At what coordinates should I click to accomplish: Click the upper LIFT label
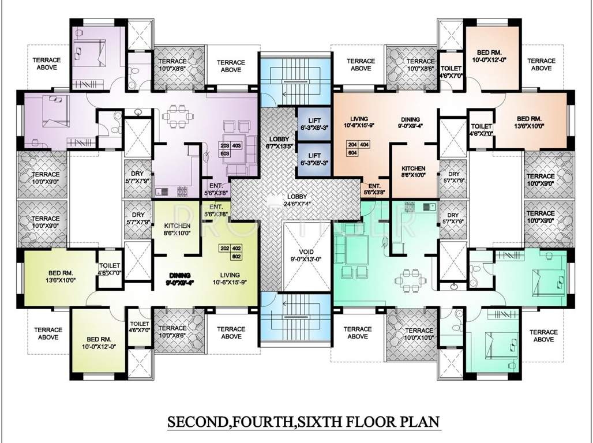click(314, 123)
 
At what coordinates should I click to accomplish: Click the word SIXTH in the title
click(328, 421)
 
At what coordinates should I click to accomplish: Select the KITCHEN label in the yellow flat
click(178, 229)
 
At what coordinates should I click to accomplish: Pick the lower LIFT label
click(314, 159)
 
